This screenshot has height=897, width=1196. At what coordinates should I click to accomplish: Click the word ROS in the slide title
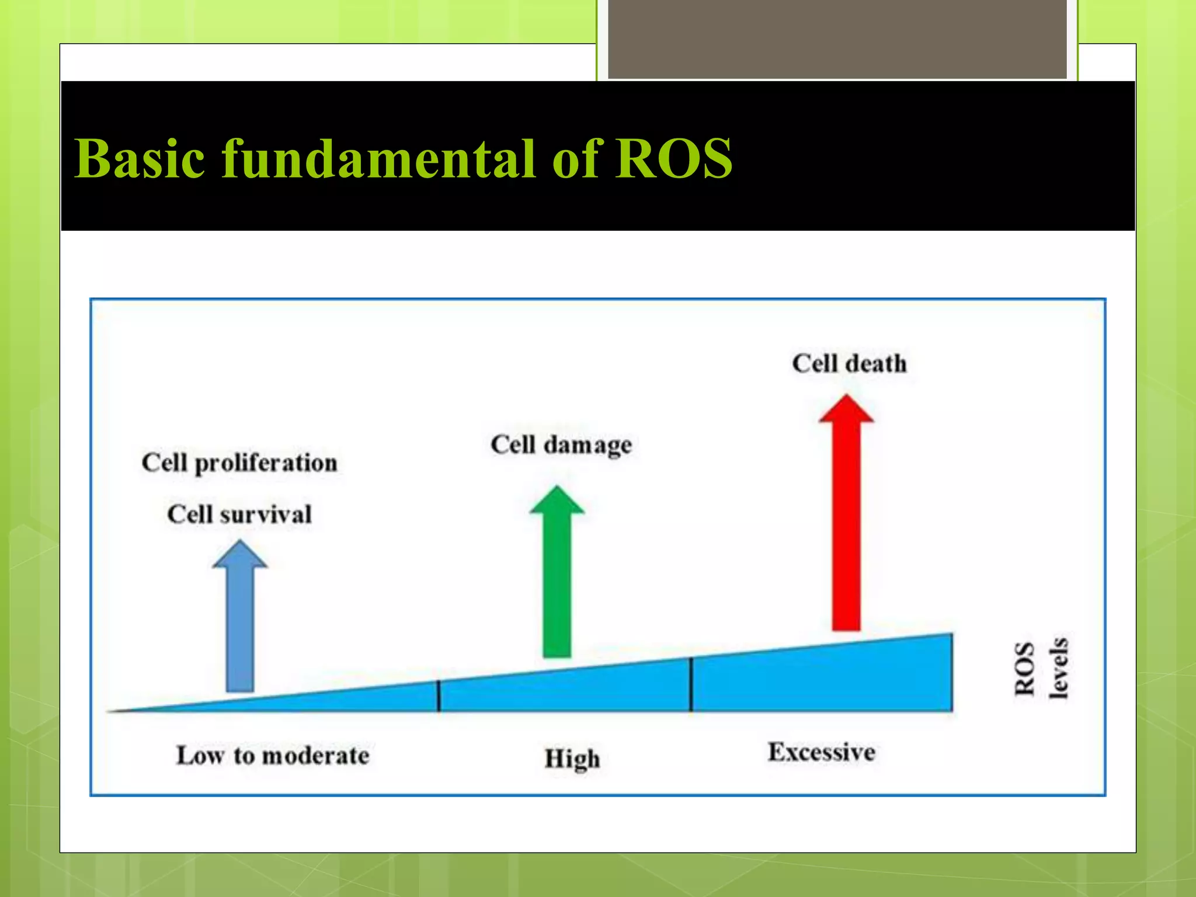(x=675, y=159)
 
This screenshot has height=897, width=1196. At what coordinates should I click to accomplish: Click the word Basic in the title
(x=140, y=159)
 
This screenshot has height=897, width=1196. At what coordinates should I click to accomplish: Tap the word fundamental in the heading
(x=380, y=159)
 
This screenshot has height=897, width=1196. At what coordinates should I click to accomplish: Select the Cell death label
(x=849, y=364)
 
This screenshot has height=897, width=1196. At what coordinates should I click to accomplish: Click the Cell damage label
(x=561, y=445)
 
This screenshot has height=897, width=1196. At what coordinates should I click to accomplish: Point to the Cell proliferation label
(x=239, y=463)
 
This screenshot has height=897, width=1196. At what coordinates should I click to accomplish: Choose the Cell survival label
(x=239, y=514)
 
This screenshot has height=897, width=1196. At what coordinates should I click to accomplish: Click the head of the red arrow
(x=846, y=409)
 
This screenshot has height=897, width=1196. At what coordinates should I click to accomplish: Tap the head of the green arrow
(x=557, y=501)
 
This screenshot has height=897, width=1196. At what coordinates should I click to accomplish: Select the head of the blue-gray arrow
(x=239, y=555)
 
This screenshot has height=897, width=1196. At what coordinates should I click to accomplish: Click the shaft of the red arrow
(x=846, y=526)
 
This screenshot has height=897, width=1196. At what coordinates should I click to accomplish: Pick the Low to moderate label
(x=273, y=756)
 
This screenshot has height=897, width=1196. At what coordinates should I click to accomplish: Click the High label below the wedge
(x=572, y=759)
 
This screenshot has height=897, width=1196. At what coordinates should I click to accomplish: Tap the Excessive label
(x=821, y=752)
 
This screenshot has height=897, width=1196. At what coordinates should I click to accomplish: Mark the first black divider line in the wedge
(x=439, y=696)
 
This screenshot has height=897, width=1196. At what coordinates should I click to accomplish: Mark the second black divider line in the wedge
(x=691, y=684)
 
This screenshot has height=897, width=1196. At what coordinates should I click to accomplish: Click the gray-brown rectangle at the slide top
(x=837, y=39)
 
